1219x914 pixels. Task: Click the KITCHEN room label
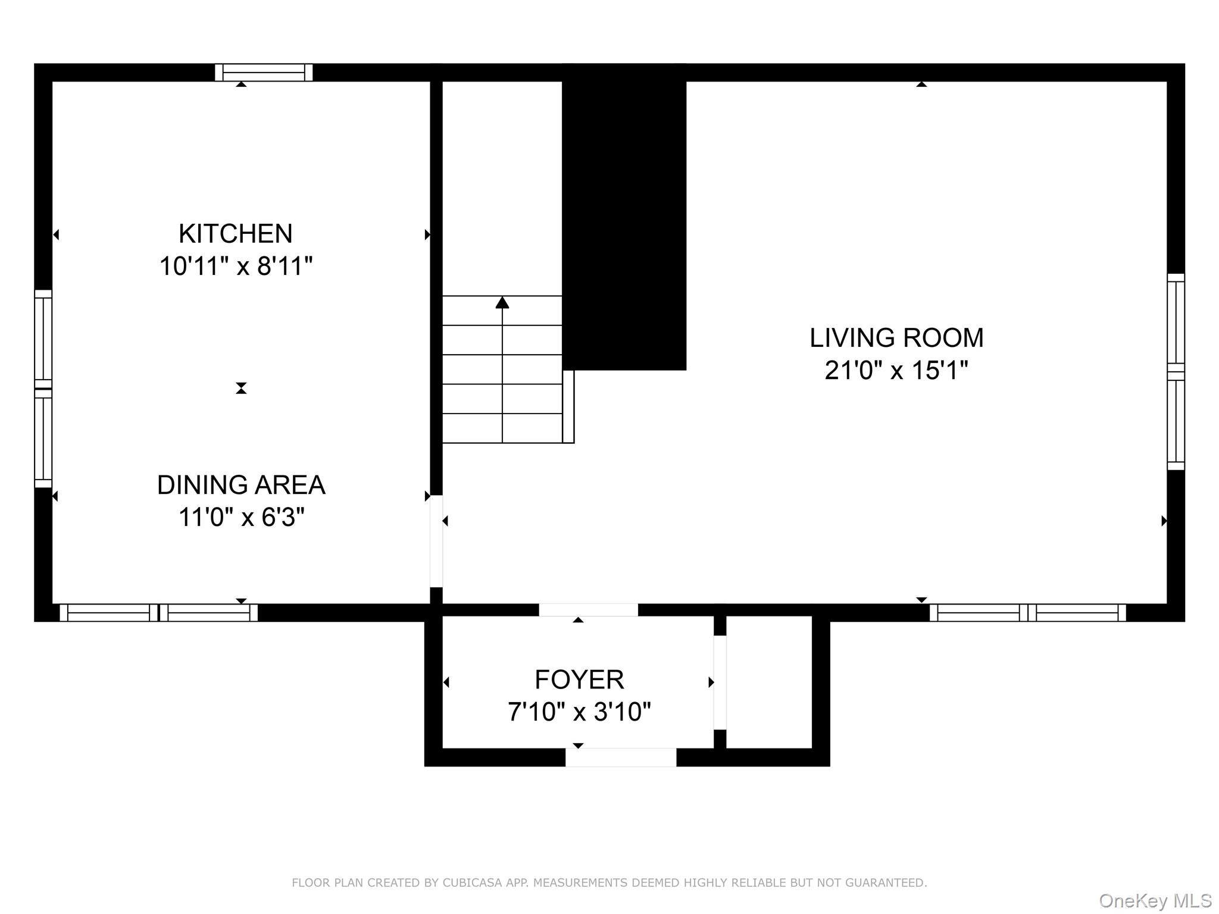click(235, 234)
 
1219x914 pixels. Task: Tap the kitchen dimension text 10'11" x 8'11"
click(235, 266)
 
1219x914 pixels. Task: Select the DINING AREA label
click(240, 485)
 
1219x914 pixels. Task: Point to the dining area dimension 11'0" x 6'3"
click(240, 517)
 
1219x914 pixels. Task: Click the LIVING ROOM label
click(896, 338)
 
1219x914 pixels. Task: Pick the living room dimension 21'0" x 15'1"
click(896, 370)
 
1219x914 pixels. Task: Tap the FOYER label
click(579, 680)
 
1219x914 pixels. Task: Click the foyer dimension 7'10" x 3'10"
click(579, 712)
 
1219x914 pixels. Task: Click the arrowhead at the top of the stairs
click(502, 303)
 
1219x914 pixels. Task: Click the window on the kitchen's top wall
click(264, 73)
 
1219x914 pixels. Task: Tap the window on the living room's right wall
click(1176, 372)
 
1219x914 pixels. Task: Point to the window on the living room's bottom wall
click(1027, 613)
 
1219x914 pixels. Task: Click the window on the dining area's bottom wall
click(158, 613)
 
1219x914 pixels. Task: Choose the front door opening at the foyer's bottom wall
click(620, 758)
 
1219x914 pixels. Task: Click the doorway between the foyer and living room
click(588, 610)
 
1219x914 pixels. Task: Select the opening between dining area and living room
click(436, 541)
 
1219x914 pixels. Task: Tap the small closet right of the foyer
click(769, 682)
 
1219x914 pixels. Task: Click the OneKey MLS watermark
click(1155, 901)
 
